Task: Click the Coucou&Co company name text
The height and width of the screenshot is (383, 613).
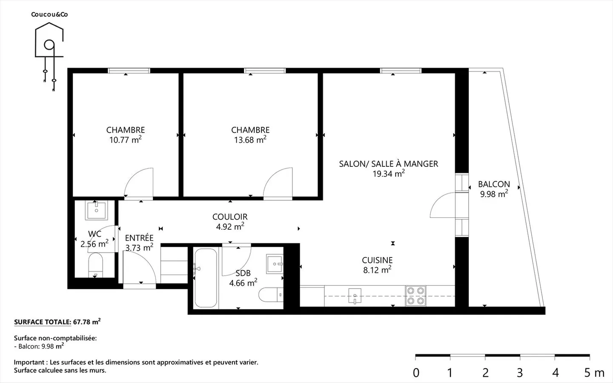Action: pos(49,14)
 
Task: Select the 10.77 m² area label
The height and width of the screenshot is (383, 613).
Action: pos(125,140)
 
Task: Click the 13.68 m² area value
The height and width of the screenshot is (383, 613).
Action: pos(250,140)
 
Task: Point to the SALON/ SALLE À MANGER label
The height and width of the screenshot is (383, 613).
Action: pos(389,163)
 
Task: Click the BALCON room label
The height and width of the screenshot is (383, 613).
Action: pos(494,184)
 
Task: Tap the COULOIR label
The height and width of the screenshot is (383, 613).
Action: pos(230,217)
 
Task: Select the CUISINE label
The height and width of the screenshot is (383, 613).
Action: pos(377,260)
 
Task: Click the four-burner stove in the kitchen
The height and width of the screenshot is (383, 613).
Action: pos(415,296)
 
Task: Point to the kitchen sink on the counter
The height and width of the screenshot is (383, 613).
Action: pos(355,296)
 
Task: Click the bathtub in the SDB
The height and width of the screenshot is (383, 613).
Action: pos(206,277)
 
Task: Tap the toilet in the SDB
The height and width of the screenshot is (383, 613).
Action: pos(271,294)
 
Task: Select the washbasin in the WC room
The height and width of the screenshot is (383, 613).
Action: pos(96,210)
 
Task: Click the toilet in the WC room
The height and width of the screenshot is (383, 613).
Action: pos(95,265)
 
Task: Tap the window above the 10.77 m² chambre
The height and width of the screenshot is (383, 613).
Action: pos(129,71)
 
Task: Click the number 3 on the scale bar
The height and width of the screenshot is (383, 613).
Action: pos(520,373)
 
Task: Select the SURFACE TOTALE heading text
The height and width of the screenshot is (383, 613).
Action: pos(43,322)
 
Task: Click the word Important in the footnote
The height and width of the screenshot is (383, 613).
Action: pos(29,363)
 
